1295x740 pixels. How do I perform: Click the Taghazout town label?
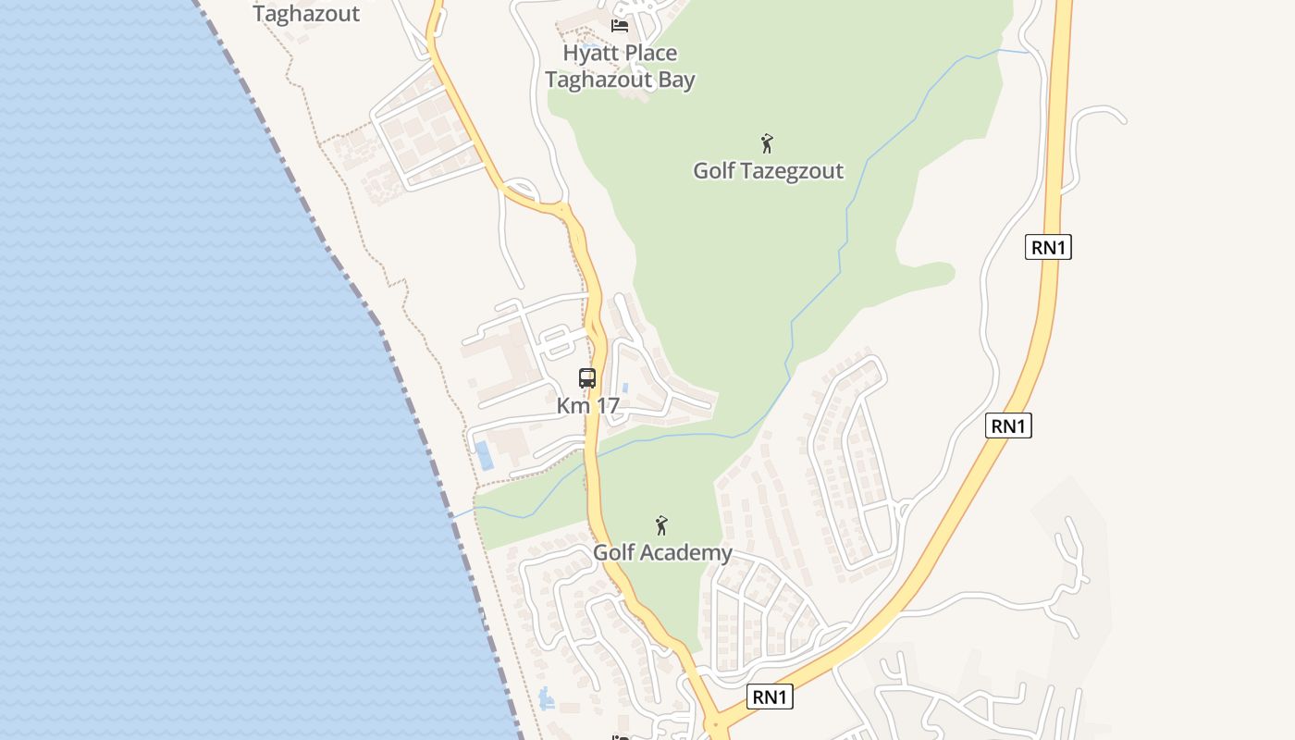[306, 14]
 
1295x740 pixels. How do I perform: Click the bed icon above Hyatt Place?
[620, 25]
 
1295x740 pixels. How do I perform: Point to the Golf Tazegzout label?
[768, 171]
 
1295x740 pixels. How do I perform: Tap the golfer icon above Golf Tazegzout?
[767, 143]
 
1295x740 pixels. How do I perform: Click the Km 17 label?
[587, 405]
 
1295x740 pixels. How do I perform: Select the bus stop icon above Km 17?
[587, 377]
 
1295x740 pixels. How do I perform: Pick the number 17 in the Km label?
[606, 405]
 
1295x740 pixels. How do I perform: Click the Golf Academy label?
[662, 553]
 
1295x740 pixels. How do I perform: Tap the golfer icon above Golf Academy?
[661, 525]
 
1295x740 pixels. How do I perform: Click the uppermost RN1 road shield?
[1048, 247]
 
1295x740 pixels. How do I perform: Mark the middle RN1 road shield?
[1008, 425]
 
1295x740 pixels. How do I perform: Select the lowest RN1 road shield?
[770, 697]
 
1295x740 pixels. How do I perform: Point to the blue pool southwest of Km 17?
[483, 455]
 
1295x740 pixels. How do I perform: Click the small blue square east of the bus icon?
[626, 387]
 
